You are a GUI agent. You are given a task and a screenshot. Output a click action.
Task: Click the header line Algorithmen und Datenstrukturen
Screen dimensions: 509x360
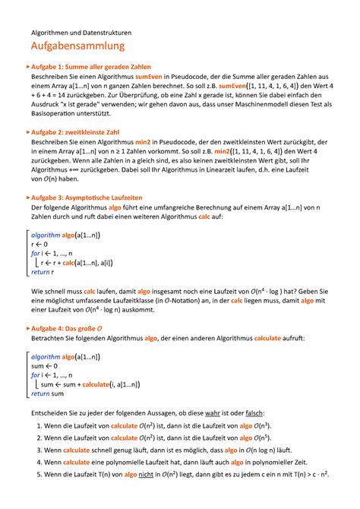[x=81, y=33]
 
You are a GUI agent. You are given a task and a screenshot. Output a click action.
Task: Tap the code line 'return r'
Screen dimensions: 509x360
[x=42, y=271]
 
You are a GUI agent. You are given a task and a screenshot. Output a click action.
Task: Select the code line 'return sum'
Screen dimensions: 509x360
[x=46, y=394]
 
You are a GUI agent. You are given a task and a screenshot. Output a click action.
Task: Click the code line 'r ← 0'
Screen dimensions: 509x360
[x=39, y=245]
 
